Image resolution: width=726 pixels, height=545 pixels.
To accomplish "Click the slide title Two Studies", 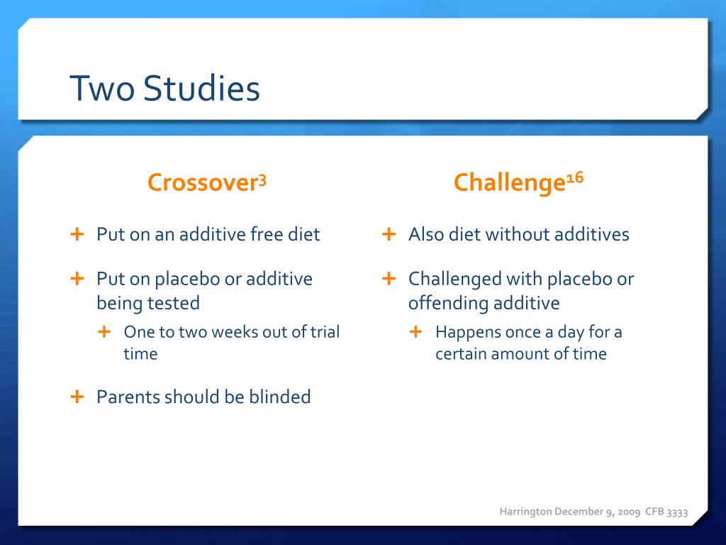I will point(164,89).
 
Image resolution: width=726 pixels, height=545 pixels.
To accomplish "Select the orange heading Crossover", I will point(201,183).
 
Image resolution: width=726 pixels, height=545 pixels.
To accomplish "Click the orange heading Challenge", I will point(508,183).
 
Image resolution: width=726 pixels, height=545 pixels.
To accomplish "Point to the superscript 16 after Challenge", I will point(574,178).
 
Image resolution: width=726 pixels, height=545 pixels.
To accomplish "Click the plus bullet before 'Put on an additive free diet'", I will point(77,233).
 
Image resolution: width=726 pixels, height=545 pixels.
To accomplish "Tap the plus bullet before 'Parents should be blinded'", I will point(77,396).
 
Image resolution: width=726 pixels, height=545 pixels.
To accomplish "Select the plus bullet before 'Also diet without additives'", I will point(389,233).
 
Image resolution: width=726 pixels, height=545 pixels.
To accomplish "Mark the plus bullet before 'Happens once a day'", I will point(416,331).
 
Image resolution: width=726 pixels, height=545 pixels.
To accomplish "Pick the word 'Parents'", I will point(128,397).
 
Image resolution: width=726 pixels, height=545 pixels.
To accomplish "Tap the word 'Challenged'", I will point(454,279).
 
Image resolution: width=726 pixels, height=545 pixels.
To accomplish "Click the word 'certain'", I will point(461,353).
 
